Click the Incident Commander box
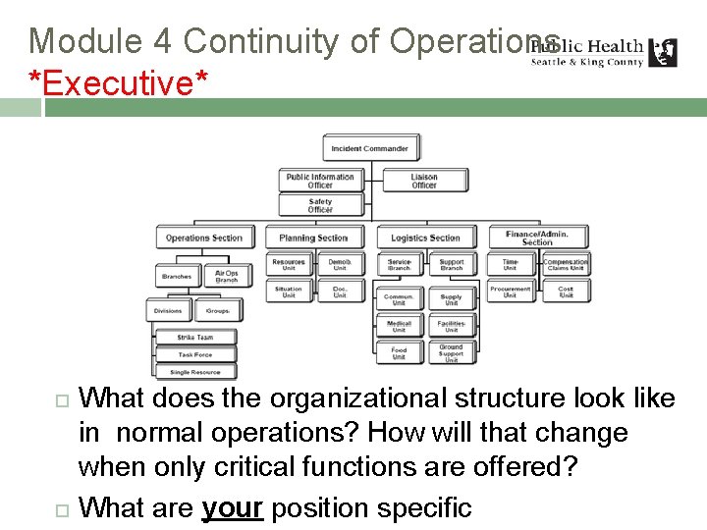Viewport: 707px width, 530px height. [x=371, y=149]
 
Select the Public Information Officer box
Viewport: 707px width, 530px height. [x=320, y=181]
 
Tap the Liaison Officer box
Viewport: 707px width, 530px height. [x=424, y=181]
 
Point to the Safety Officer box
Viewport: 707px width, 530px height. [x=320, y=205]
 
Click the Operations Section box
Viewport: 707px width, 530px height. [x=203, y=238]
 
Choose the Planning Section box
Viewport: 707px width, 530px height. [x=313, y=238]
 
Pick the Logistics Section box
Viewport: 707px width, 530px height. [x=424, y=238]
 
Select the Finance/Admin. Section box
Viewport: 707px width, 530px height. [x=537, y=237]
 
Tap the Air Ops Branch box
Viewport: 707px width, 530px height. [x=227, y=277]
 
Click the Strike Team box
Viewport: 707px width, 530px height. [x=194, y=337]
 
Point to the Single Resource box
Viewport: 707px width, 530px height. [x=194, y=372]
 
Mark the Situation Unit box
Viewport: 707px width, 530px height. [x=289, y=292]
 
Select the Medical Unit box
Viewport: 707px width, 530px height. [x=399, y=327]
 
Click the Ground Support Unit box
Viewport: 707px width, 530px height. [x=451, y=353]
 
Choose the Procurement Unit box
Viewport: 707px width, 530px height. [x=511, y=292]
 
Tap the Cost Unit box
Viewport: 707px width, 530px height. [x=566, y=292]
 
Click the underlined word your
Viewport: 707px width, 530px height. [x=232, y=508]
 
